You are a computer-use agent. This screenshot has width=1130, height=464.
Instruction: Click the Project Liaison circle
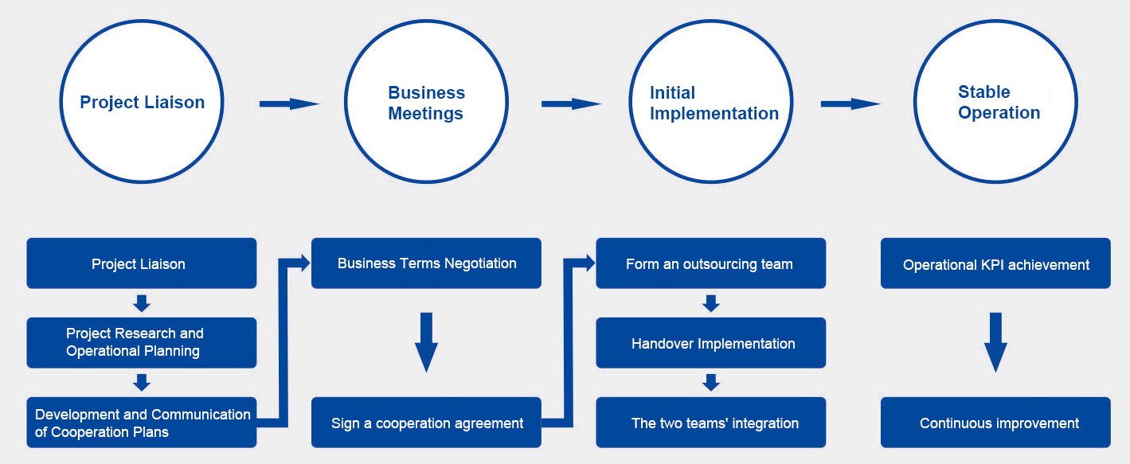point(142,102)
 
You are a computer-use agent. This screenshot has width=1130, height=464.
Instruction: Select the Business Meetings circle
point(426,102)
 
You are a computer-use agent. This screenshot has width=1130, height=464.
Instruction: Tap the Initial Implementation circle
point(710,102)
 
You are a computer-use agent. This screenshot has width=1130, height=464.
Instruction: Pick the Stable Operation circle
point(995,102)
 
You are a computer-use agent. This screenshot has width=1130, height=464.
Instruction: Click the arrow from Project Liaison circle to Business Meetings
point(289,103)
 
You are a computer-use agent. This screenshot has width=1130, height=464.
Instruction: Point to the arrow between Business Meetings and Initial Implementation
point(571,103)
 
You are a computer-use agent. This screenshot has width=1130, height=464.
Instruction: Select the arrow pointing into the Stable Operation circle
point(850,103)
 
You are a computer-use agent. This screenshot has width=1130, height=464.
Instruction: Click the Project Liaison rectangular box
point(142,263)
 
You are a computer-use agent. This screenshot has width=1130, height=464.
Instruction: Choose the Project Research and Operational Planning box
point(142,343)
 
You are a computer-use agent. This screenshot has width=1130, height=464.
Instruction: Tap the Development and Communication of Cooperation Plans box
point(142,423)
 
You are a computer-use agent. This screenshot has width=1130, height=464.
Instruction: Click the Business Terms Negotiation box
point(426,263)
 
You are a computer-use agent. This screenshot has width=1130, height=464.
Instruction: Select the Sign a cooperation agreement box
point(426,423)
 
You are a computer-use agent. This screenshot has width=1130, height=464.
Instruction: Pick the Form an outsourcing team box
point(710,263)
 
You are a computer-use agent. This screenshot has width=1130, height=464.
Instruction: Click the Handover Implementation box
point(710,343)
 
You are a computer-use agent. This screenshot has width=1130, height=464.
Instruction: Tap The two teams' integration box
point(710,423)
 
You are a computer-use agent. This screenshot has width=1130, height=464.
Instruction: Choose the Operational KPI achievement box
point(995,263)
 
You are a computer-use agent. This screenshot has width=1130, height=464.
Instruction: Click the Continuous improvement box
point(995,423)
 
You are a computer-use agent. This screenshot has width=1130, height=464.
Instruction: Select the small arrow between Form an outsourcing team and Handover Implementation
point(711,303)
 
